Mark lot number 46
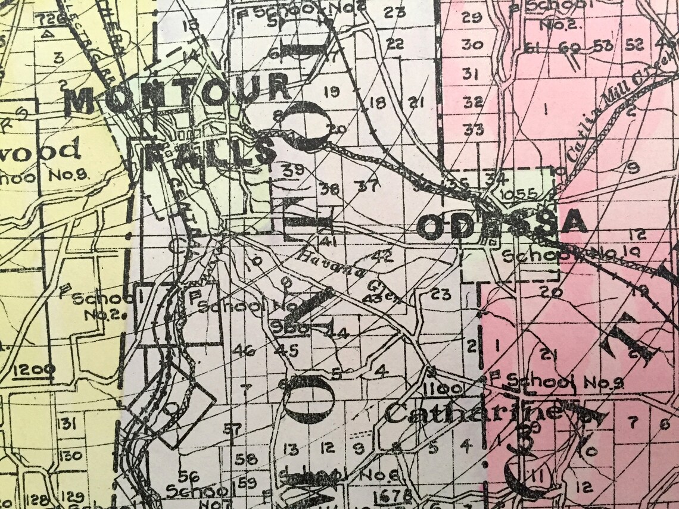[x=244, y=349]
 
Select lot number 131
[x=67, y=424]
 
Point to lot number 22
[x=394, y=43]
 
